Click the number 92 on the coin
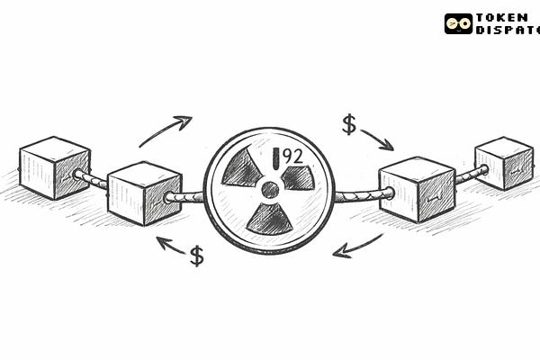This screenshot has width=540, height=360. (x=292, y=156)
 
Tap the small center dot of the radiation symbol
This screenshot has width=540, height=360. (x=269, y=190)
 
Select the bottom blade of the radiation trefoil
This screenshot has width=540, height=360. (x=269, y=219)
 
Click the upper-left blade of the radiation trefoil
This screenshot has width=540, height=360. (x=242, y=168)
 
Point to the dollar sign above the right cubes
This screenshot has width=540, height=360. (x=349, y=124)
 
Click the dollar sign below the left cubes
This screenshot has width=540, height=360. (x=196, y=256)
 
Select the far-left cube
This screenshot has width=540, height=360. (x=54, y=167)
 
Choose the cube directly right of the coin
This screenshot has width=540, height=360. (x=416, y=188)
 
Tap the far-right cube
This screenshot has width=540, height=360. (x=503, y=163)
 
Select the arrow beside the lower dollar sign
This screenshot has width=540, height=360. (x=170, y=244)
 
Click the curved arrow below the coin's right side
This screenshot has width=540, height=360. (x=357, y=247)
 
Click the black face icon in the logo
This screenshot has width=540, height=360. (x=458, y=23)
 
